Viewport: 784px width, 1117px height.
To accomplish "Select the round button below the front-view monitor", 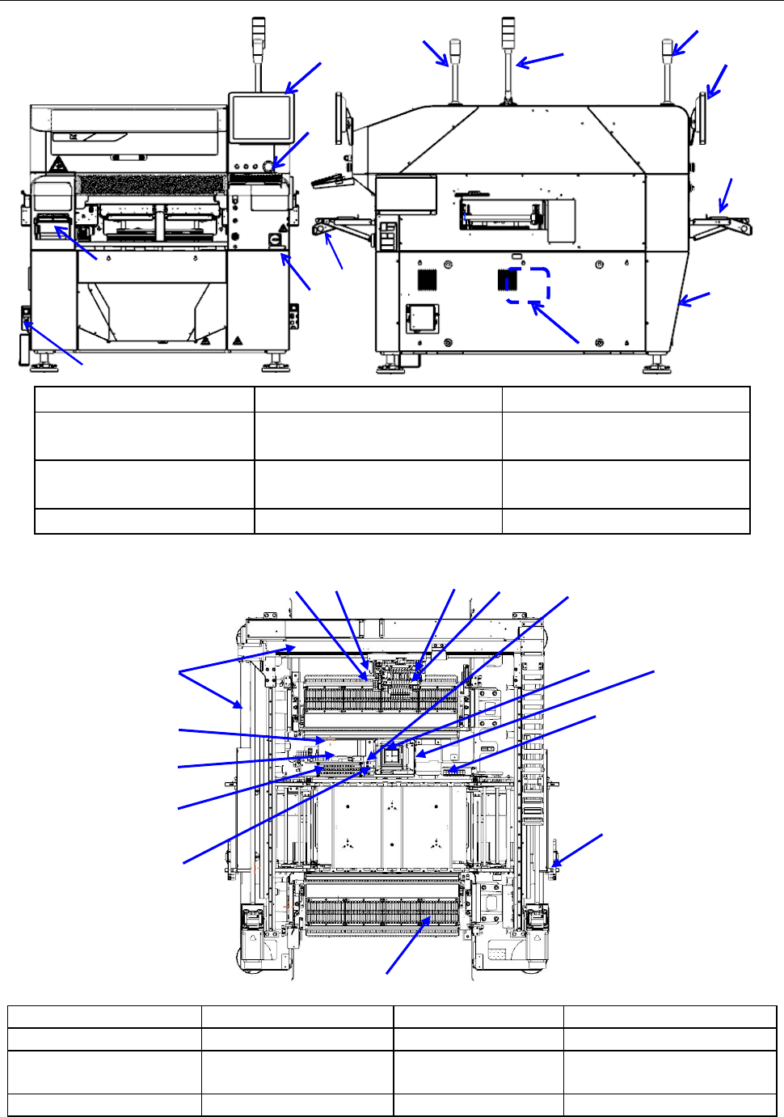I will [279, 167].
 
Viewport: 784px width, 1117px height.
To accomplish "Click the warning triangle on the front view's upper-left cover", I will [59, 165].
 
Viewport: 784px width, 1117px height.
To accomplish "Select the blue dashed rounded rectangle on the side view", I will [529, 286].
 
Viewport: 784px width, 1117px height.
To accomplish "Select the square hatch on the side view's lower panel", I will [421, 317].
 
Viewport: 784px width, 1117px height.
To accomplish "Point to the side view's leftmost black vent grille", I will [428, 279].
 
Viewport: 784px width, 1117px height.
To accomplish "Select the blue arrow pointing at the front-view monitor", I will [304, 78].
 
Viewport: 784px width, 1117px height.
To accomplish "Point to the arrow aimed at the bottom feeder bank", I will [407, 946].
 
